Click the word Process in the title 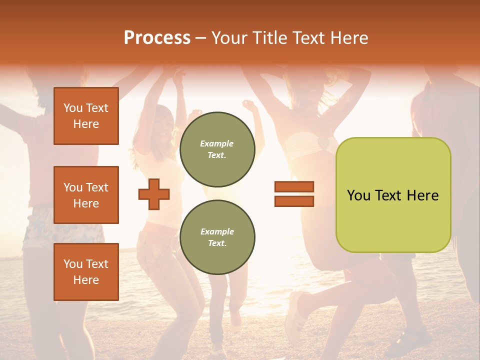157,38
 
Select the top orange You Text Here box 86,116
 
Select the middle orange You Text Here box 86,195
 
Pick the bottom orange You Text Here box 86,272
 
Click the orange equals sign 294,194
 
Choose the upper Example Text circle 217,149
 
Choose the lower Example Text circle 217,237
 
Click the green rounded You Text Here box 393,194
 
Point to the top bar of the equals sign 294,187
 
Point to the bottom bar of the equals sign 294,201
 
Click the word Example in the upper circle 217,143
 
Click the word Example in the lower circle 217,231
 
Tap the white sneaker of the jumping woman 294,310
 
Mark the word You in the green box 358,195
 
